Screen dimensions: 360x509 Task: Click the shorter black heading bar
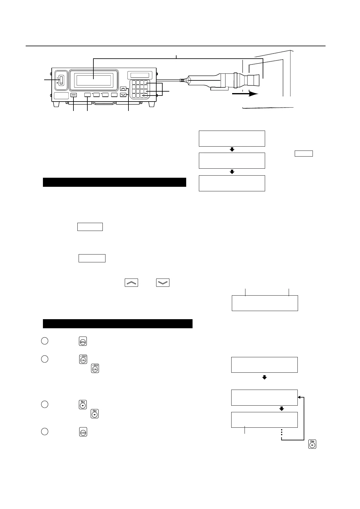pyautogui.click(x=114, y=183)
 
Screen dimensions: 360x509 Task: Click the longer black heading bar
pyautogui.click(x=118, y=323)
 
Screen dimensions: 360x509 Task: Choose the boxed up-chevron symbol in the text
pyautogui.click(x=131, y=282)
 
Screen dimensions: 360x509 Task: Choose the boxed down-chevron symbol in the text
pyautogui.click(x=163, y=282)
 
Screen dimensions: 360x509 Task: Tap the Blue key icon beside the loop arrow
pyautogui.click(x=312, y=444)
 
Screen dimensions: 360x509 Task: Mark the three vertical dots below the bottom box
pyautogui.click(x=281, y=432)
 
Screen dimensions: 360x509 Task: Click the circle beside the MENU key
pyautogui.click(x=44, y=341)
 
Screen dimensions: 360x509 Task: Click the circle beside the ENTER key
pyautogui.click(x=44, y=432)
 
